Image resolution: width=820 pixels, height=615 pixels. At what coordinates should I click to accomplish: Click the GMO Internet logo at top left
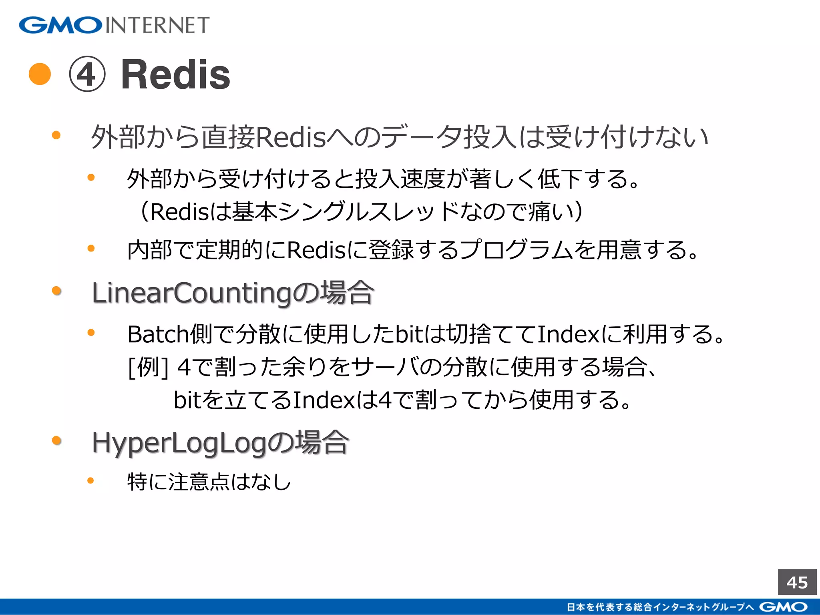[x=114, y=25]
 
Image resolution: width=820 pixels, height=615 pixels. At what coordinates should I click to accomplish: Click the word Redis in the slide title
[x=175, y=74]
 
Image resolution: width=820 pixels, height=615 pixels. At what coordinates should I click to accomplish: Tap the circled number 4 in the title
[x=87, y=74]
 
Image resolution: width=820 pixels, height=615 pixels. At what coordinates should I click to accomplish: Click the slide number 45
[x=797, y=582]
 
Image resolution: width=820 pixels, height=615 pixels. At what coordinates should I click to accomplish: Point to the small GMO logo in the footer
[x=783, y=607]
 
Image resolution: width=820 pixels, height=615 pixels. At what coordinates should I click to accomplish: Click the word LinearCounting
[x=192, y=293]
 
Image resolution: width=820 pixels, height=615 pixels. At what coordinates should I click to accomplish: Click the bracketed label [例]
[x=148, y=367]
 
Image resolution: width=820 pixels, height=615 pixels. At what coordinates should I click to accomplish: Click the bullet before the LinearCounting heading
[x=56, y=291]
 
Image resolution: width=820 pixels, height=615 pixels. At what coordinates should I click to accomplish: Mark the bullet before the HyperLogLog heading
[x=56, y=441]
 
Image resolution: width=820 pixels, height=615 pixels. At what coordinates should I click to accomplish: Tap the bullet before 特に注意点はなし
[x=91, y=480]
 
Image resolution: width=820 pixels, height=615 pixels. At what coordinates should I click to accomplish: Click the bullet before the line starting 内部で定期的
[x=91, y=249]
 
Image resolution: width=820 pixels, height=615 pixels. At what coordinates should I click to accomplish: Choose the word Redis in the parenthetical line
[x=179, y=212]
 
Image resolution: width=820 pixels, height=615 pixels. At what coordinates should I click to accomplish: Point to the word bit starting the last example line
[x=187, y=400]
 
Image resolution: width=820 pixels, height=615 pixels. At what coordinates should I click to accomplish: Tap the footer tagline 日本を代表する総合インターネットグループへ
[x=661, y=607]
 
